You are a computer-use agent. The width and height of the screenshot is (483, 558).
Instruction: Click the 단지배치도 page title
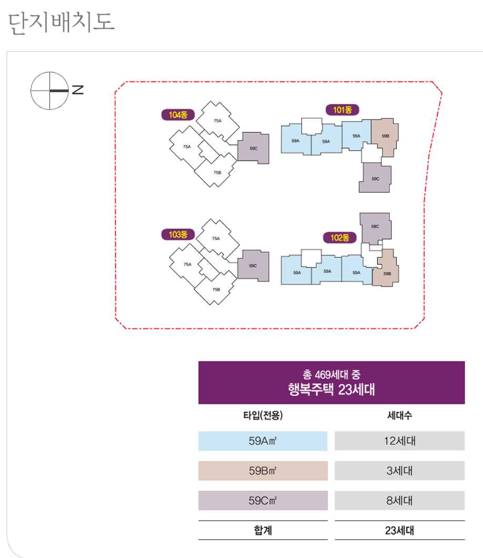(62, 22)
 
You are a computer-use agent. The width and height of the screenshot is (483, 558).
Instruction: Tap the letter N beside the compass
(78, 90)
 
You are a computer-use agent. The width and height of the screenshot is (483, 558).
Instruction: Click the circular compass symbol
(49, 90)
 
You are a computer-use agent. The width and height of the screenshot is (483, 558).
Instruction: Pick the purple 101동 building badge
(342, 110)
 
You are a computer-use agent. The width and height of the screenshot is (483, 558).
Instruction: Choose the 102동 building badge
(340, 238)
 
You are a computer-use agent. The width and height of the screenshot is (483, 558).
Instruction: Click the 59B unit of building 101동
(385, 137)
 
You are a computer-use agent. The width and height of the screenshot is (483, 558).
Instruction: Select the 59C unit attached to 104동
(254, 148)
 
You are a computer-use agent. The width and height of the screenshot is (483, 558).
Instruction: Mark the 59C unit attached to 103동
(253, 266)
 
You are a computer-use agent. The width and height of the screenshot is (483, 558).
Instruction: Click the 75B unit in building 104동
(217, 173)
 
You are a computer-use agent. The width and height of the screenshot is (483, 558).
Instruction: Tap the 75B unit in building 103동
(216, 290)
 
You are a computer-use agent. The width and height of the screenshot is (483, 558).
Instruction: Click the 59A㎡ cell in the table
(263, 441)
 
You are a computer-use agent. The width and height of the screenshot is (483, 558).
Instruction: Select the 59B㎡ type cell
(263, 471)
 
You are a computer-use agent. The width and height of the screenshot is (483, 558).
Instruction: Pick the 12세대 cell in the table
(399, 441)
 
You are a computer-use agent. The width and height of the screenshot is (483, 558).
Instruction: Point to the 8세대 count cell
(399, 500)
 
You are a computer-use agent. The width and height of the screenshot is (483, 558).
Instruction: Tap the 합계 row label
(263, 531)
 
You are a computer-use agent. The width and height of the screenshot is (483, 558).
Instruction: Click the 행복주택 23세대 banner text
(331, 390)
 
